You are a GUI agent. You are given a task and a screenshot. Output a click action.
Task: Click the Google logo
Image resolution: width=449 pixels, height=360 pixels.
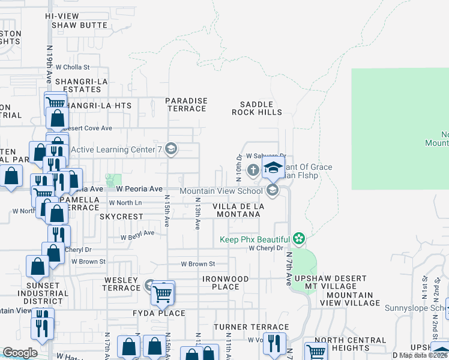tap(20, 353)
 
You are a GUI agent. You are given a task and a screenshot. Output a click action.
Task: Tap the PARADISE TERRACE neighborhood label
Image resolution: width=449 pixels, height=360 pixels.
tap(187, 105)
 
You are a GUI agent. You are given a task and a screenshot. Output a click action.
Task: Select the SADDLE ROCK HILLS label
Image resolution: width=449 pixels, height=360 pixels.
tap(257, 108)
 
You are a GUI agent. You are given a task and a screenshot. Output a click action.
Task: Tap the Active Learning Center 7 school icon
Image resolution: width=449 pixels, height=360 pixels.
tap(170, 149)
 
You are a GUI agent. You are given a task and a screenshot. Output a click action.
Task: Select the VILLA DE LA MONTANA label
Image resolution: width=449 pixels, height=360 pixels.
tap(239, 210)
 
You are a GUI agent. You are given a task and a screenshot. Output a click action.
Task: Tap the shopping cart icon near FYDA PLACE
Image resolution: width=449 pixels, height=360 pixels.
tap(163, 294)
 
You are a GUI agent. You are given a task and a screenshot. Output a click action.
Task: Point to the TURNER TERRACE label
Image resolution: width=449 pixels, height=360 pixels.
tap(244, 326)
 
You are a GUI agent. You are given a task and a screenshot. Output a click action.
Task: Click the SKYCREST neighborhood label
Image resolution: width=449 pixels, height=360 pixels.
tap(121, 217)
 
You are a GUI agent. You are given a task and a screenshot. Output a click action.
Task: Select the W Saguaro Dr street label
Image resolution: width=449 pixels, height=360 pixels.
tap(265, 155)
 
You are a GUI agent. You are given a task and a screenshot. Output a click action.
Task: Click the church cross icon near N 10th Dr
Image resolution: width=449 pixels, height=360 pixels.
tap(253, 170)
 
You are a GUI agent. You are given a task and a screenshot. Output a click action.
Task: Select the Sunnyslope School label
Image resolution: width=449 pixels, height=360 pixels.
tap(420, 308)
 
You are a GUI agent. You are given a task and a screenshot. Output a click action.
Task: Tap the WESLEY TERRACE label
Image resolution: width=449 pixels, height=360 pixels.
tap(122, 284)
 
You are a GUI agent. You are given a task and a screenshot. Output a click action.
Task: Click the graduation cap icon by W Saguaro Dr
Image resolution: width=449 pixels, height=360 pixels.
tap(273, 169)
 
